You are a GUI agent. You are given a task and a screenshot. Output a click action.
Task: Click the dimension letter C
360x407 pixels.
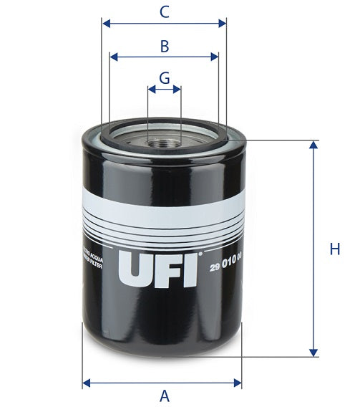tap(164, 11)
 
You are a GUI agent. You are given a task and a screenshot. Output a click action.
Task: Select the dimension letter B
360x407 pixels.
tap(164, 47)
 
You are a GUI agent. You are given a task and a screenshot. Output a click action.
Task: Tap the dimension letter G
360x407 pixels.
tap(164, 77)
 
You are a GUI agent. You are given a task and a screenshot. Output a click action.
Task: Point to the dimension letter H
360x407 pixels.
tap(334, 249)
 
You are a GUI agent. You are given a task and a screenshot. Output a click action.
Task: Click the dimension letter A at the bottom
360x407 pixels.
tap(164, 395)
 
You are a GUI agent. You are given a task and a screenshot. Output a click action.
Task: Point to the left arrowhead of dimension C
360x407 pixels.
tap(106, 24)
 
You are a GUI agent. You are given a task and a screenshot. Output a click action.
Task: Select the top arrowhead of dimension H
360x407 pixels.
tap(313, 144)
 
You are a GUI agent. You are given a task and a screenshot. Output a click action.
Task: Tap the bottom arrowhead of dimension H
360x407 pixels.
tap(313, 352)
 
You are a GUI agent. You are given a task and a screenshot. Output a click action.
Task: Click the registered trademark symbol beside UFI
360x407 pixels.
tap(201, 252)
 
